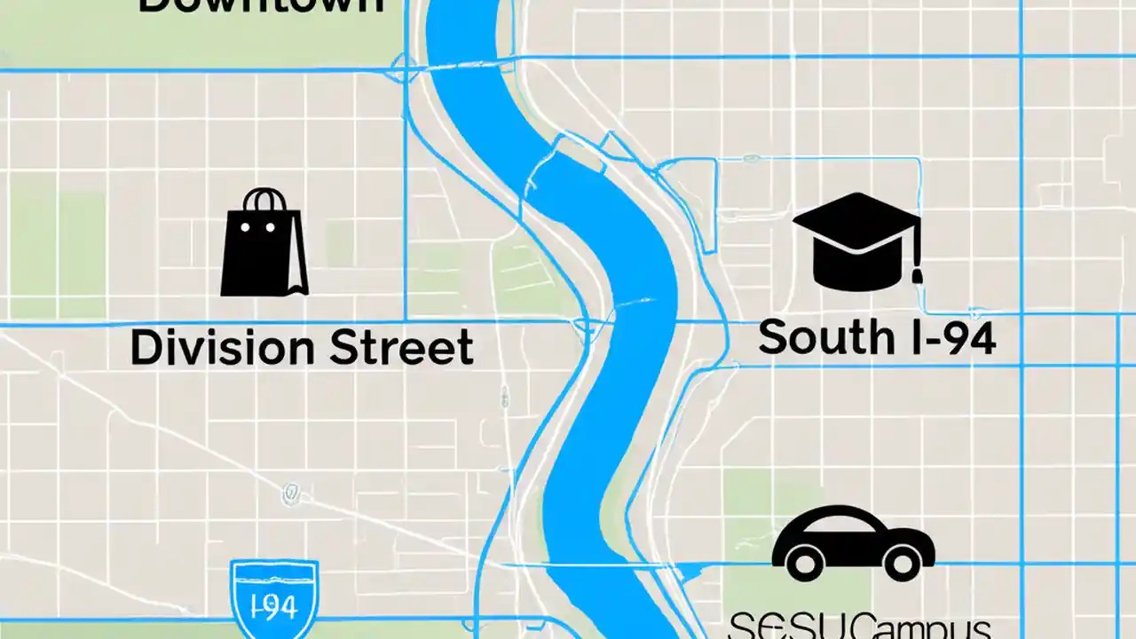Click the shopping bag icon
(x=264, y=248)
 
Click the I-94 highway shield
(x=273, y=596)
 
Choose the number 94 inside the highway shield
(x=282, y=609)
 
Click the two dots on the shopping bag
(x=257, y=227)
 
